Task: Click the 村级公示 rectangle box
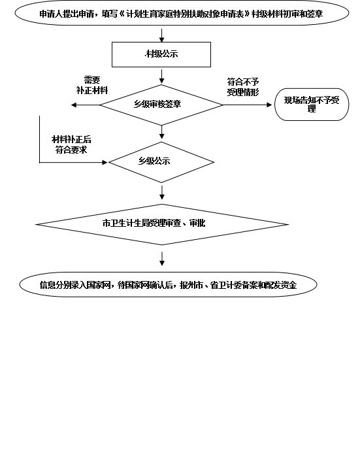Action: pyautogui.click(x=161, y=54)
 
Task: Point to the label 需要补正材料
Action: pyautogui.click(x=92, y=85)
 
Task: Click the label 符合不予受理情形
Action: pyautogui.click(x=243, y=87)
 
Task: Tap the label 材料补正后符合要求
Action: pyautogui.click(x=71, y=144)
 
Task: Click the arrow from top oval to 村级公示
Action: pyautogui.click(x=161, y=35)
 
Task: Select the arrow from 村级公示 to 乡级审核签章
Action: pyautogui.click(x=161, y=76)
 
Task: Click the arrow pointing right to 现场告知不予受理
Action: pyautogui.click(x=248, y=105)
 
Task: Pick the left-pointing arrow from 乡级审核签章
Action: pyautogui.click(x=86, y=105)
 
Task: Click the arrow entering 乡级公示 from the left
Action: pyautogui.click(x=73, y=162)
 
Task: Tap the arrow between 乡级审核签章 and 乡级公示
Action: pyautogui.click(x=161, y=132)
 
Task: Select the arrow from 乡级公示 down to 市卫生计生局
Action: pyautogui.click(x=162, y=192)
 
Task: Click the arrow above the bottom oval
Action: pyautogui.click(x=162, y=259)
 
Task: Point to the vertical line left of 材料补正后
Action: pyautogui.click(x=39, y=139)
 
